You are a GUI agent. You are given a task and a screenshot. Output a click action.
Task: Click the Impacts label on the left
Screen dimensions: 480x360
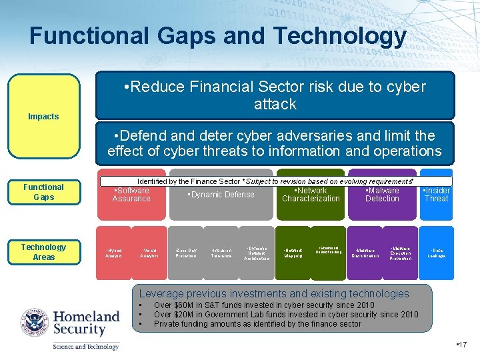43,117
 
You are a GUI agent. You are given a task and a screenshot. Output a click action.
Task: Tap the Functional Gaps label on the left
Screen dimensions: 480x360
43,192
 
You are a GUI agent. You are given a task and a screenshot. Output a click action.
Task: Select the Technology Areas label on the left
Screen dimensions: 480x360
43,252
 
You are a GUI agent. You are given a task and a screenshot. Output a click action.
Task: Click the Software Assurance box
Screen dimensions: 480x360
131,195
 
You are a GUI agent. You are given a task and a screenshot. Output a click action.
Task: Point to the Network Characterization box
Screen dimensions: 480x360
311,195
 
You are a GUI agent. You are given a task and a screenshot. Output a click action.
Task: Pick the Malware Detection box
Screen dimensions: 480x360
382,195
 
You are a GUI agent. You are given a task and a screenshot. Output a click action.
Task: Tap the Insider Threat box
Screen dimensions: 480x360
437,195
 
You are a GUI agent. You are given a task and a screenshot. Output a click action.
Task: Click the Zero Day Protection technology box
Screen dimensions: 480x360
186,253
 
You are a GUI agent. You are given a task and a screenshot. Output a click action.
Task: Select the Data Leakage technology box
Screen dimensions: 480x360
437,253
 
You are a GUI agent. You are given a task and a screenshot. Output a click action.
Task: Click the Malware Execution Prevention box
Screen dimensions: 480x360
401,253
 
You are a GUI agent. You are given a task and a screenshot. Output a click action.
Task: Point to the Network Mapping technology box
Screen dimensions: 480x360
293,253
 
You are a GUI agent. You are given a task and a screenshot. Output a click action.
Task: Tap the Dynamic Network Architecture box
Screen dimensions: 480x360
257,253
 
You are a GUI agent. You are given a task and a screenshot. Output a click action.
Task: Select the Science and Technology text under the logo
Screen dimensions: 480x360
86,347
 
